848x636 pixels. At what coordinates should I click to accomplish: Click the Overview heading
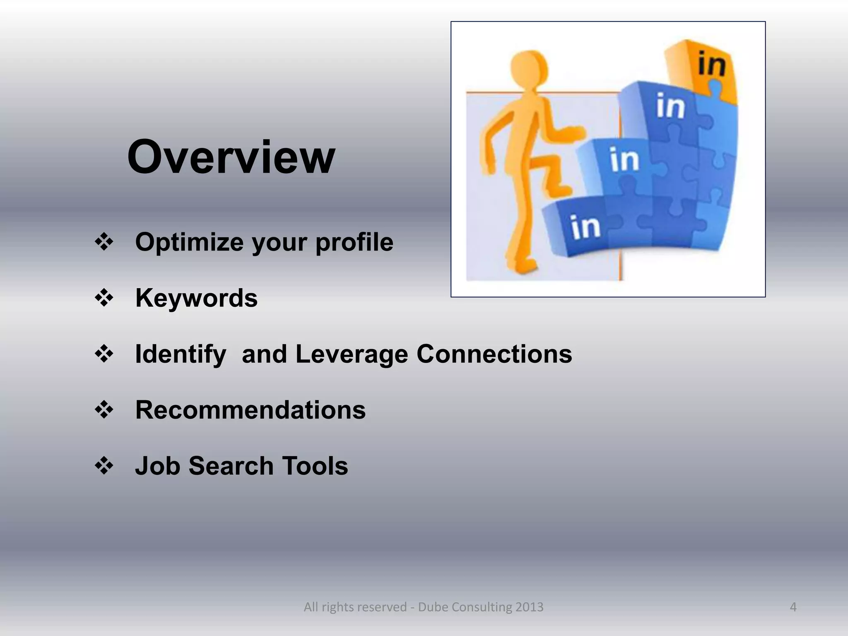231,157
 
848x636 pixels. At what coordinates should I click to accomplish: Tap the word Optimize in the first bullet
189,242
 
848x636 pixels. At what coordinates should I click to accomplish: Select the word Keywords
196,298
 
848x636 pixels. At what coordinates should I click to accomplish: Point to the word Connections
494,354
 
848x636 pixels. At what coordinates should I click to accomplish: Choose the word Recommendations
251,410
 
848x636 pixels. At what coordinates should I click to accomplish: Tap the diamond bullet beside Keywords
104,298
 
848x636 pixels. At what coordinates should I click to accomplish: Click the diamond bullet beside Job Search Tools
104,466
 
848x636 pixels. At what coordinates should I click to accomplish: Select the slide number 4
793,607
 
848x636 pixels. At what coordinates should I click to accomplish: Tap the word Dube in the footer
433,607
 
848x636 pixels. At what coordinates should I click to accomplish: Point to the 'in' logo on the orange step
711,64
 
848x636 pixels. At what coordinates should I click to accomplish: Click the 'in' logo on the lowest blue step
585,227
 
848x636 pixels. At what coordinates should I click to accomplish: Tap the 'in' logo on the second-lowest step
624,159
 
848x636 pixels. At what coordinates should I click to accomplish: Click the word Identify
181,354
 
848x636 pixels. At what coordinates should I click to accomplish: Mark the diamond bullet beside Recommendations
104,410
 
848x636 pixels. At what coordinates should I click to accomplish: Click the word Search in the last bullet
231,466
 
